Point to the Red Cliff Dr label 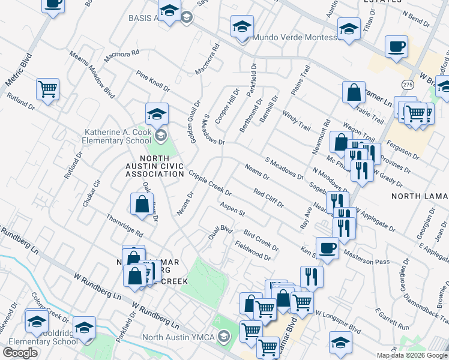268,197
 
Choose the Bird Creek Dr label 261,239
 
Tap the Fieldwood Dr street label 253,250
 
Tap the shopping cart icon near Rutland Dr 47,89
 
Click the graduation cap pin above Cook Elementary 157,113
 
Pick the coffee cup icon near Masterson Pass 328,247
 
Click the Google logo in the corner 20,353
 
